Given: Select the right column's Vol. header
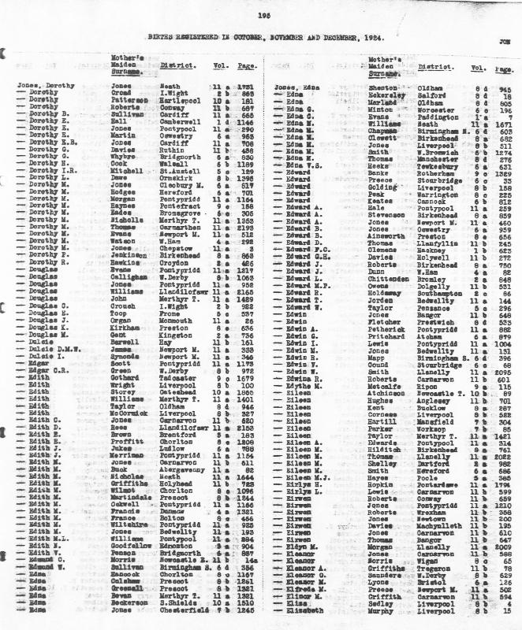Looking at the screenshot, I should [478, 68].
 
